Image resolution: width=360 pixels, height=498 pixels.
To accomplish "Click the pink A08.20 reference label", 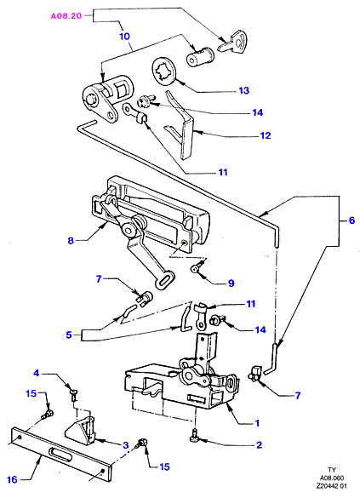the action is (x=66, y=16).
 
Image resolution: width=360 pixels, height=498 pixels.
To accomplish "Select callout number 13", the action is (x=243, y=91).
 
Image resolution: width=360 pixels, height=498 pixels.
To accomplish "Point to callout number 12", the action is (x=266, y=135).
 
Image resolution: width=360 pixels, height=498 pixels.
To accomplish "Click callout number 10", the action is (x=125, y=37).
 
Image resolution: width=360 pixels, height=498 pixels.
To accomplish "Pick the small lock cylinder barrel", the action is (x=200, y=56).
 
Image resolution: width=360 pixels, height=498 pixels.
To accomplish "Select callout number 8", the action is (x=71, y=240).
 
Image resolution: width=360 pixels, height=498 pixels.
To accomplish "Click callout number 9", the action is (x=231, y=283).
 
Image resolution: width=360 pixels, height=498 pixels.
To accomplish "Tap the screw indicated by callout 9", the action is (x=197, y=266).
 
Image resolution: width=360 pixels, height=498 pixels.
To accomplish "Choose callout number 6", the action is (x=351, y=220).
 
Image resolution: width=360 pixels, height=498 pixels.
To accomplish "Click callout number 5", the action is (x=69, y=335).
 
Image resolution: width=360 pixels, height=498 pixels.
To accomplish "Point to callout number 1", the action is (x=257, y=423).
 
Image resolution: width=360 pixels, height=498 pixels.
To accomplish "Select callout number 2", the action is (x=259, y=445).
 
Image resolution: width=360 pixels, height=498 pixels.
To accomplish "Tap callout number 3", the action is (x=125, y=445).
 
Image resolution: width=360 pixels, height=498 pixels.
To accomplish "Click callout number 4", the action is (x=37, y=373).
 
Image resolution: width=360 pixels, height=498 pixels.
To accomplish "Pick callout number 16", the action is (x=12, y=479).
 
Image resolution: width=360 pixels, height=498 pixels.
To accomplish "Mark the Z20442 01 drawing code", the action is (x=331, y=486).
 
